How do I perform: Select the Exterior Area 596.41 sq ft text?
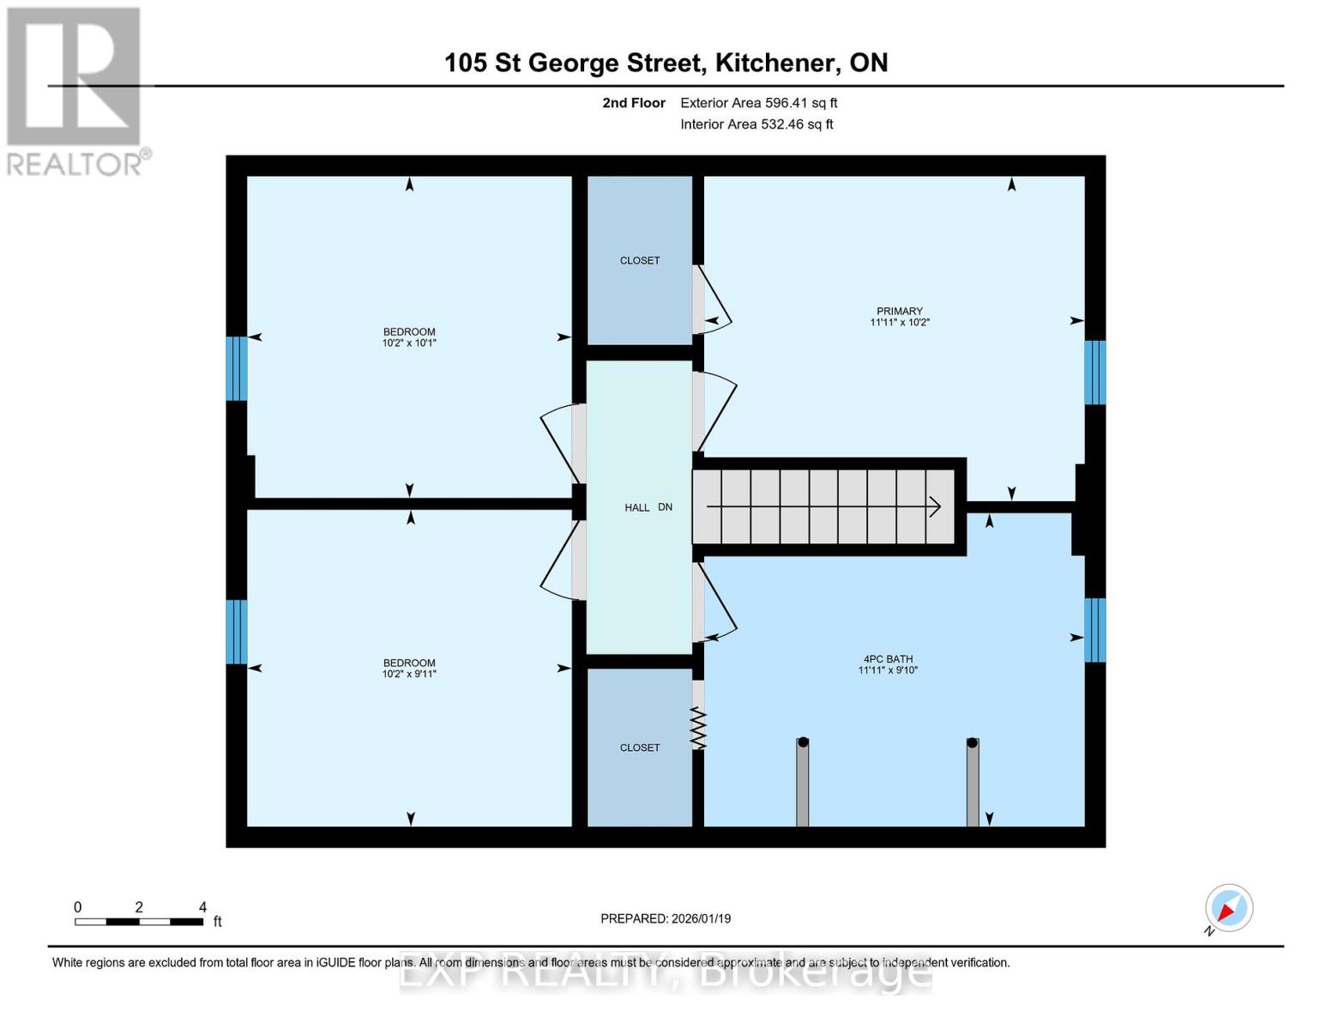click(758, 103)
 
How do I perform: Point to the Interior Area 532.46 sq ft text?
click(756, 124)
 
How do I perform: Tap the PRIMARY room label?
click(899, 312)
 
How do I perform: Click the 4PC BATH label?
click(888, 659)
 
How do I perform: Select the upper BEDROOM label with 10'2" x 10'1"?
click(409, 332)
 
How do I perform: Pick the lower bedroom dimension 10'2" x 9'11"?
click(409, 675)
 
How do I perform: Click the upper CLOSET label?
click(640, 261)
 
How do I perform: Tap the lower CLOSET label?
click(640, 748)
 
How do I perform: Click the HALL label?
click(637, 508)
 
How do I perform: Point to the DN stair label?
click(665, 507)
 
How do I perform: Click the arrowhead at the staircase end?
click(936, 507)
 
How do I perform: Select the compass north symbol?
click(1228, 908)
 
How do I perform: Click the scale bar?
click(139, 922)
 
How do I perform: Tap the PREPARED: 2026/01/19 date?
click(666, 918)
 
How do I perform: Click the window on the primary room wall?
click(1094, 373)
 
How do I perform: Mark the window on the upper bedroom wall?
click(237, 368)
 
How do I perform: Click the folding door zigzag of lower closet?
click(698, 728)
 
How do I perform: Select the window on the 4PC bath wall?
click(1094, 630)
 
